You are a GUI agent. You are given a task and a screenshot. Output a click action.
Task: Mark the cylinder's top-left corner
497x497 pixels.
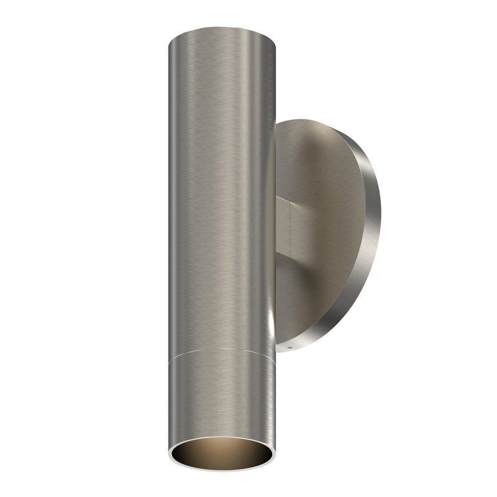pos(170,37)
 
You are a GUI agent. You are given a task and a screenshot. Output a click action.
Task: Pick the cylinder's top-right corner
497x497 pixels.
pos(273,37)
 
